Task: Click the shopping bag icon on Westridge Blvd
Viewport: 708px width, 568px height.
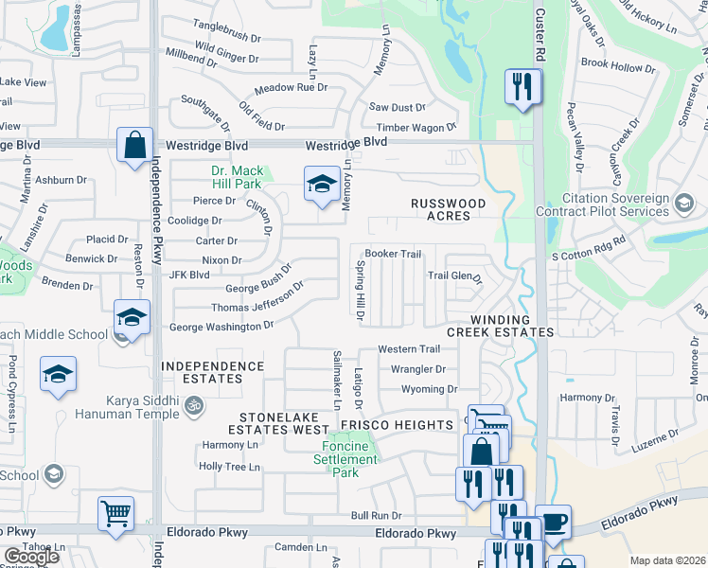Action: tap(135, 147)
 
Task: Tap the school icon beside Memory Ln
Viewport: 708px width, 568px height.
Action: tap(322, 184)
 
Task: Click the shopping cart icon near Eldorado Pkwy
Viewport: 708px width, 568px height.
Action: tap(115, 514)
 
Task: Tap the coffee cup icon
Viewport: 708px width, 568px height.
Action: tap(552, 522)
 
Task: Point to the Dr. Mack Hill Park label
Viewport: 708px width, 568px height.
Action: tap(237, 178)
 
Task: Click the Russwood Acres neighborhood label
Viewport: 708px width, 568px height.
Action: tap(449, 209)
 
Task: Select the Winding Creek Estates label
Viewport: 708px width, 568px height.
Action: tap(500, 326)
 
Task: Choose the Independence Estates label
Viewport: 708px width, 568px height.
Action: tap(213, 372)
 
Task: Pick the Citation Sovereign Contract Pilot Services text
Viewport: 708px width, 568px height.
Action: tap(602, 205)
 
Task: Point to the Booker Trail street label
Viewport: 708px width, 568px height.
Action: tap(393, 254)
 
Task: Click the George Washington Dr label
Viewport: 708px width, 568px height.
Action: tap(221, 328)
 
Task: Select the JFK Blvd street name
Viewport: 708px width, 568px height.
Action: tap(188, 275)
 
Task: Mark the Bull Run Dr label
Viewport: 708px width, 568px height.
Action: tap(376, 515)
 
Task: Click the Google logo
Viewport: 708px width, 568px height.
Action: tap(32, 557)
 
